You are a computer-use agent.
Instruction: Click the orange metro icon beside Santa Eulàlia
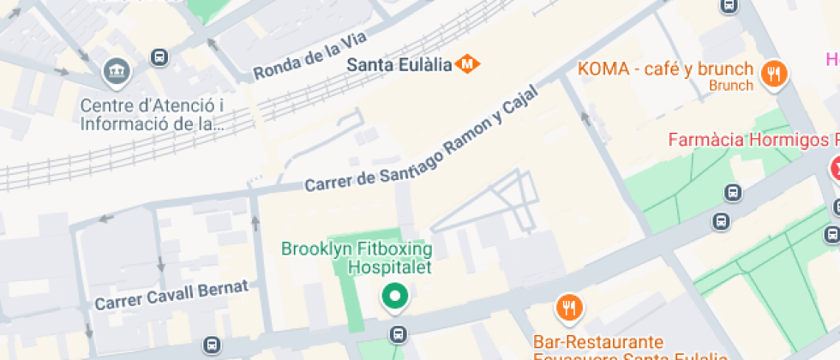coord(468,63)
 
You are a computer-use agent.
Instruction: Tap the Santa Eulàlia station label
coord(399,64)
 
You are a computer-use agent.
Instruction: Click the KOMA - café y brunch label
coord(665,69)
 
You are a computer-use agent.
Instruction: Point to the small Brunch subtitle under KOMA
coord(731,86)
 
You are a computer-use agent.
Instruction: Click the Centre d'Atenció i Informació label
coord(152,114)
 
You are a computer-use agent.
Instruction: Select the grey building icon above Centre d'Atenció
coord(114,73)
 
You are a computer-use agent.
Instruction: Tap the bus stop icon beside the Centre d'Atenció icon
coord(159,57)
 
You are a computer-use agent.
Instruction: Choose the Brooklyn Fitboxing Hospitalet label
coord(357,257)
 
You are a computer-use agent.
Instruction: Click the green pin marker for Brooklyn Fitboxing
coord(394,297)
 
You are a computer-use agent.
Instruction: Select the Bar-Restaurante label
coord(597,341)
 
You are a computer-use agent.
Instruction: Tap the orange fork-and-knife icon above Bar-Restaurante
coord(567,308)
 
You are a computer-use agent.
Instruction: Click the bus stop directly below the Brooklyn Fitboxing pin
coord(397,333)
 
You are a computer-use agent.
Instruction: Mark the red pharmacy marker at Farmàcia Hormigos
coord(834,168)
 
